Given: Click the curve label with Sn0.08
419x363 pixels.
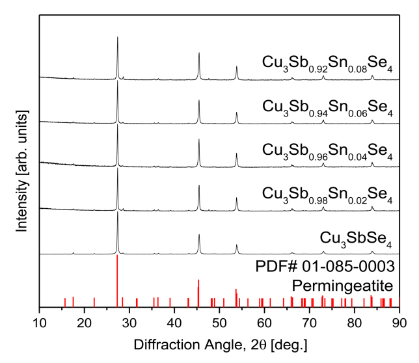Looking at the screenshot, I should (327, 63).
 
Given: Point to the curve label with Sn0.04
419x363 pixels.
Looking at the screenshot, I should (327, 150).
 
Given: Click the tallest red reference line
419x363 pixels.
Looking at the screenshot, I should (117, 280).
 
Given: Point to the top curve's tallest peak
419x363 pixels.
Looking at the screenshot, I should (117, 39).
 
